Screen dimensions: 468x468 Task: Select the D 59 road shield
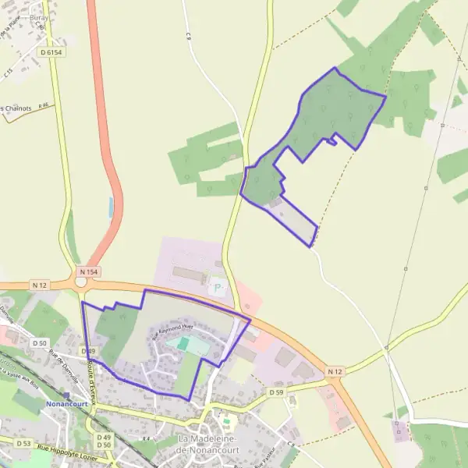(x=276, y=392)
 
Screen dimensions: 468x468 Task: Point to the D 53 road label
(x=23, y=443)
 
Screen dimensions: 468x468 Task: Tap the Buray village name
(x=38, y=17)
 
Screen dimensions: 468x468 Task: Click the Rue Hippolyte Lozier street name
(x=71, y=449)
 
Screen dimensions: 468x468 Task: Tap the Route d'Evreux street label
(x=92, y=377)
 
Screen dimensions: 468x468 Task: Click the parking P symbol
(x=218, y=289)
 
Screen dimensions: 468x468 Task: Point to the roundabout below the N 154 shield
(x=81, y=282)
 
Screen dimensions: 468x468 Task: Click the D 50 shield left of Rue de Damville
(x=40, y=343)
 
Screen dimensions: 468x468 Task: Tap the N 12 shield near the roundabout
(x=40, y=285)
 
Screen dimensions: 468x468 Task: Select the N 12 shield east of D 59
(x=335, y=370)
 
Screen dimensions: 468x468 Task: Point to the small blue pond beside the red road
(x=111, y=207)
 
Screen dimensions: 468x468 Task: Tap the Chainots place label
(x=17, y=108)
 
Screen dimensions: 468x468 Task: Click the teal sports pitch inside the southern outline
(x=183, y=343)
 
